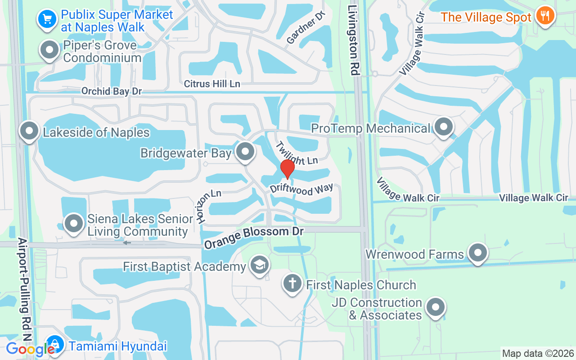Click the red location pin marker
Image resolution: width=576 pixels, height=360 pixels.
[287, 169]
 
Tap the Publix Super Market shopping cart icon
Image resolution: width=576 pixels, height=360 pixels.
[47, 19]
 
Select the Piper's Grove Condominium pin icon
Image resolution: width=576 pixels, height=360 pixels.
[50, 50]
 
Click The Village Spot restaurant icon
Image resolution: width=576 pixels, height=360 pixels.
[545, 16]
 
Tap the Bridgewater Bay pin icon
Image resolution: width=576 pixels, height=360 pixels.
[245, 152]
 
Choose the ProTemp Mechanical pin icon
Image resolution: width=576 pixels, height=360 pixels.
[444, 127]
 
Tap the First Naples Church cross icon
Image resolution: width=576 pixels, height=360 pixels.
[292, 283]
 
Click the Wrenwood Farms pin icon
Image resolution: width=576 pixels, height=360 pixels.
[478, 253]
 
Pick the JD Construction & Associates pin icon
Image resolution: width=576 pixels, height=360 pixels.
[435, 307]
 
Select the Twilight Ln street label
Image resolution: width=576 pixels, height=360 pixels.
[297, 153]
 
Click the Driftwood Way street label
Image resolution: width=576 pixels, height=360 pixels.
[301, 189]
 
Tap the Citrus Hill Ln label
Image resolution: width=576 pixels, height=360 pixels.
[212, 84]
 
